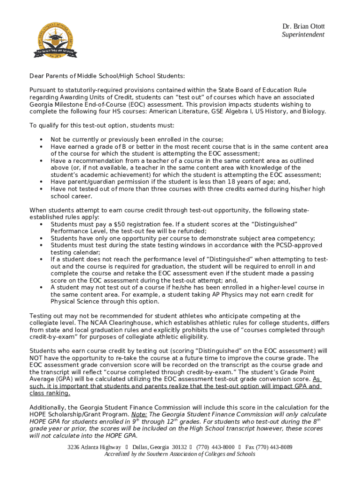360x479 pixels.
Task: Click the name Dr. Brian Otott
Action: (303, 27)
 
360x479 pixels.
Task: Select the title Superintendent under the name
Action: (303, 35)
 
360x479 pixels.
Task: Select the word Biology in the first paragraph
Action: (313, 112)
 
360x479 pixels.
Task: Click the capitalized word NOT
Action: (37, 357)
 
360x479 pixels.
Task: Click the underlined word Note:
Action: (139, 414)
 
